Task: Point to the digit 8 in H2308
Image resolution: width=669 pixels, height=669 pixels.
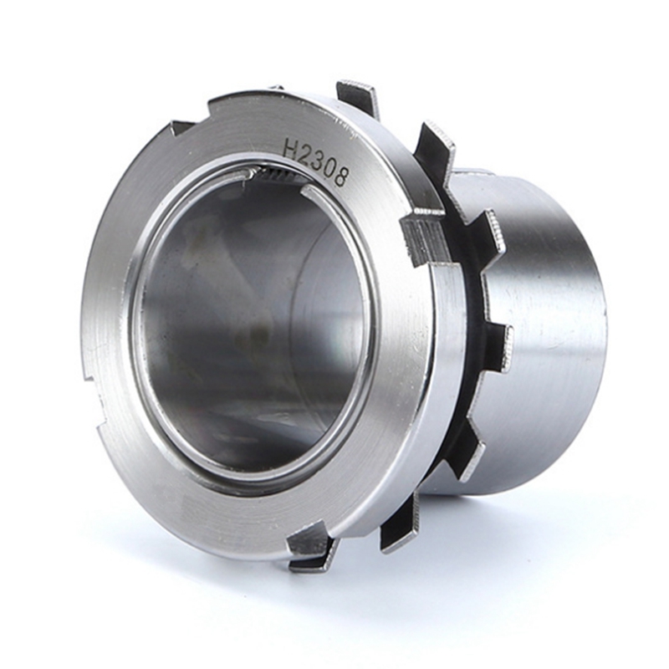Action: (x=340, y=177)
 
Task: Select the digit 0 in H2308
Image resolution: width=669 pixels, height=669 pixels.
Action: (x=330, y=167)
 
